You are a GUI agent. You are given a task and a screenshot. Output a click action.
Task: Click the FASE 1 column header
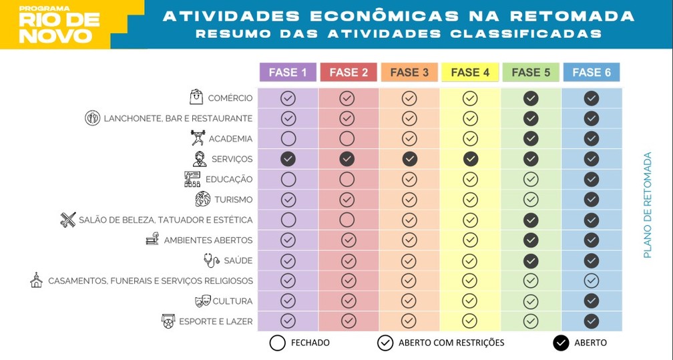tap(288, 72)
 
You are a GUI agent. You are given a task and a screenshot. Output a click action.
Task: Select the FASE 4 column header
tap(470, 72)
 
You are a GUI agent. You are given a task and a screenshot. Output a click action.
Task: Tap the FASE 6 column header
tap(591, 72)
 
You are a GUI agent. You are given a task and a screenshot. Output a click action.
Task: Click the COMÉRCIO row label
tap(230, 98)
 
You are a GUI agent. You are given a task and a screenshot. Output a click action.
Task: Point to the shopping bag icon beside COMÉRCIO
tap(196, 98)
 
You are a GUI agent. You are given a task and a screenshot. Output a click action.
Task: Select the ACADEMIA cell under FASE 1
tap(288, 139)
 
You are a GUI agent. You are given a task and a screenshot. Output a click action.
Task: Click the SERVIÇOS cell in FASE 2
tap(347, 159)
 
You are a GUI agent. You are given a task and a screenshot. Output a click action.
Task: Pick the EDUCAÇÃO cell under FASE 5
tap(531, 179)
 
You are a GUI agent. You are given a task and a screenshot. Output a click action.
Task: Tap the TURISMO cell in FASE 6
tap(591, 199)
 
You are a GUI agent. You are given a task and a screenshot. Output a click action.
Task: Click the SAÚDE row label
tap(238, 260)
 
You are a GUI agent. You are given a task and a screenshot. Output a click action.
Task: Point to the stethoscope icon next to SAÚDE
tap(211, 260)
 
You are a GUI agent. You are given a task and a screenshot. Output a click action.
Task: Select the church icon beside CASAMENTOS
tap(36, 281)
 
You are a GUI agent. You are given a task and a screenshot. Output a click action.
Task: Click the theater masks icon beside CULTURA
tap(203, 301)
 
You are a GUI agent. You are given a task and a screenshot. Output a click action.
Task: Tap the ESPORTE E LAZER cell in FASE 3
tap(409, 321)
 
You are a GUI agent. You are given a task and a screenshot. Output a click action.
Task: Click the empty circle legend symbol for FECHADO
tap(277, 343)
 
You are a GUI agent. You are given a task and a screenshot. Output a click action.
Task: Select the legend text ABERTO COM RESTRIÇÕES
tap(451, 343)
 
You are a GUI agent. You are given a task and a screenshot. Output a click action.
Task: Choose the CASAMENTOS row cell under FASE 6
tap(591, 281)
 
